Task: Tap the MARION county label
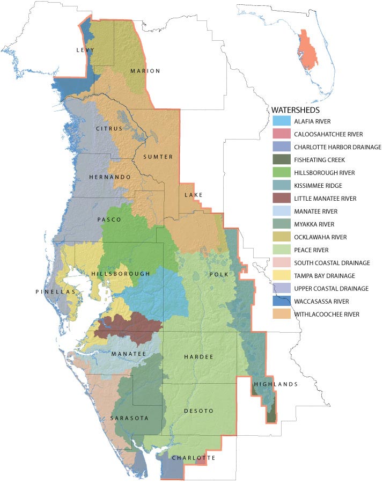tap(145, 71)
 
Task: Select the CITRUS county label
tap(109, 129)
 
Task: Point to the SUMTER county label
tap(158, 157)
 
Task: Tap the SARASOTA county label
tap(129, 418)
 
